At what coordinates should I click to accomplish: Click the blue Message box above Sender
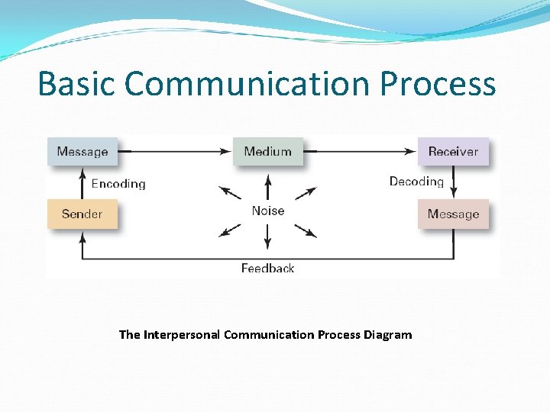point(82,151)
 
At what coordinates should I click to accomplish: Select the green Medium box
point(267,151)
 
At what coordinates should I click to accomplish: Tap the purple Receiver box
point(453,151)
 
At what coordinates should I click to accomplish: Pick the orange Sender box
point(82,214)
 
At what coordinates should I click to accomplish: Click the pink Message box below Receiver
point(453,214)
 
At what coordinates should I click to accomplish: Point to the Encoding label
point(118,183)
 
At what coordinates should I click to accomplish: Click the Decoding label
point(416,181)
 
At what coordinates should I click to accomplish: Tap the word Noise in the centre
point(267,211)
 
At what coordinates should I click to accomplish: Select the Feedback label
point(267,268)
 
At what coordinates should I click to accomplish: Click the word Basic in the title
point(76,83)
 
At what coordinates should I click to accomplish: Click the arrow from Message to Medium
point(176,151)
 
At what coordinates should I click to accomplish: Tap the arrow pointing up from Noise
point(267,188)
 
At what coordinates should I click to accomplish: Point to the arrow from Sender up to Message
point(82,183)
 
